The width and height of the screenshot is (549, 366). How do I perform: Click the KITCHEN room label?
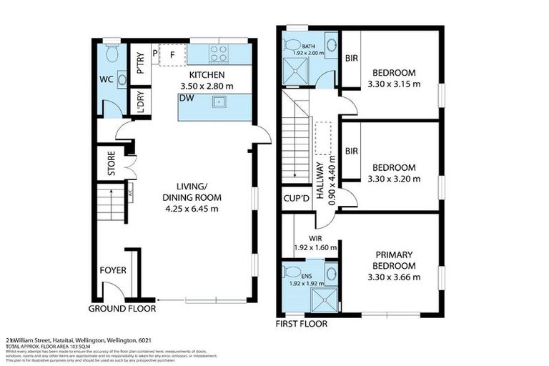pyautogui.click(x=207, y=75)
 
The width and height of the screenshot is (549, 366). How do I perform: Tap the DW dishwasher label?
pyautogui.click(x=187, y=98)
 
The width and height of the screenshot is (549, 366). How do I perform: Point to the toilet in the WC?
pyautogui.click(x=109, y=54)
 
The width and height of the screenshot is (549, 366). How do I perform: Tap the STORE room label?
pyautogui.click(x=112, y=164)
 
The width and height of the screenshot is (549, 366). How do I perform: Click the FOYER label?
pyautogui.click(x=113, y=271)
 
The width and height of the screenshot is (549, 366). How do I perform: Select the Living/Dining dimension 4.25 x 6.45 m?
pyautogui.click(x=192, y=209)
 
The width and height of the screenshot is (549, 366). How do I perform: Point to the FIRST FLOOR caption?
pyautogui.click(x=302, y=324)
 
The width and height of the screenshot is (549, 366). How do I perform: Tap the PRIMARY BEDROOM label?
pyautogui.click(x=392, y=259)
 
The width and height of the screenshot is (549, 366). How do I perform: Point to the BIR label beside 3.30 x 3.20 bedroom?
pyautogui.click(x=350, y=152)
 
